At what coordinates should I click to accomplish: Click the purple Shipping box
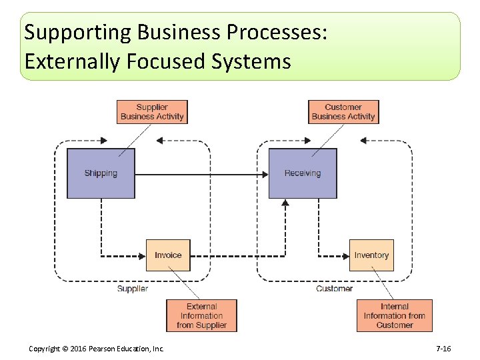(101, 173)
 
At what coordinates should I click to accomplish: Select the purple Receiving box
(303, 173)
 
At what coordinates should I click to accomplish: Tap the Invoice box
(168, 255)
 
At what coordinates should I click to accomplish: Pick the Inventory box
(371, 255)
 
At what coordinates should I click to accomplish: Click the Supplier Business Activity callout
(152, 112)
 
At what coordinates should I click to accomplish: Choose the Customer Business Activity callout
(343, 112)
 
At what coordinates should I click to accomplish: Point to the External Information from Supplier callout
(201, 316)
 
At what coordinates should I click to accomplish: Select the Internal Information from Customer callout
(394, 316)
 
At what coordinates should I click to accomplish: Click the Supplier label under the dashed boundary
(132, 289)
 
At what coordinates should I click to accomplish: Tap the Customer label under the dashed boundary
(334, 289)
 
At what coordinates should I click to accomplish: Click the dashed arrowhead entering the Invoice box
(142, 255)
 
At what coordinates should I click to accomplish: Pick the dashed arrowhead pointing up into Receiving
(285, 203)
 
